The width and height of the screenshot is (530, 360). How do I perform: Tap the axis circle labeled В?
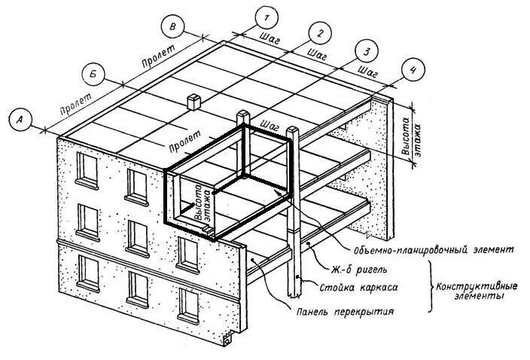(173, 27)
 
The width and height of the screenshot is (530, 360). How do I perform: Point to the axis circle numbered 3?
(367, 52)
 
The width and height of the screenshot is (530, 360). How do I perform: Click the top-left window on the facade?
(88, 169)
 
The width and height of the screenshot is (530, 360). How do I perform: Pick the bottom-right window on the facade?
(188, 304)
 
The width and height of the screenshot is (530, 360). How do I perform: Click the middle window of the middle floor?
(138, 236)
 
